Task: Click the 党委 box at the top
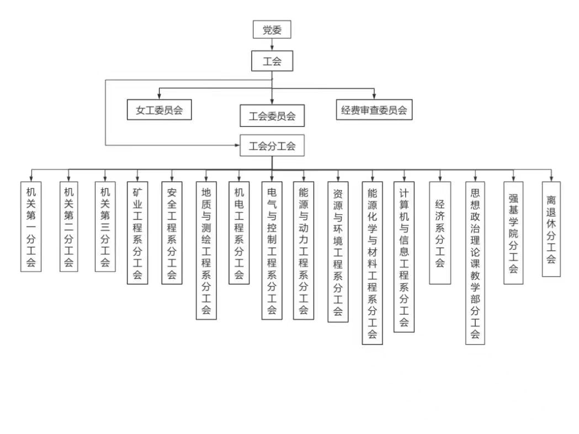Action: (272, 30)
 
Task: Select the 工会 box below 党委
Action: (272, 61)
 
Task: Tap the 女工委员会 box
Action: (159, 110)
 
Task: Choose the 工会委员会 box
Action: (272, 116)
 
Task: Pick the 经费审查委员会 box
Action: (374, 110)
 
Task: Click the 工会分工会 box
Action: (272, 146)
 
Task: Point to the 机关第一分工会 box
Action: (31, 226)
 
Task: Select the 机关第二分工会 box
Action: (68, 226)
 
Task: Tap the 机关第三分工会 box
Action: (105, 226)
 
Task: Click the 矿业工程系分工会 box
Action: (137, 232)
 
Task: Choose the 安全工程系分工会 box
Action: (172, 232)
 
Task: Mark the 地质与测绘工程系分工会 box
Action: (206, 250)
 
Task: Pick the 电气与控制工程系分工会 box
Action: (272, 250)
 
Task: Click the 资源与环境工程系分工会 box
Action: (338, 252)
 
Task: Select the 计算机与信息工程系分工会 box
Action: (403, 257)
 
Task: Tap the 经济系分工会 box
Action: (440, 232)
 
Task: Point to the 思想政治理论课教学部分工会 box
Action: (475, 263)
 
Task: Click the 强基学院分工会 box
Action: (513, 232)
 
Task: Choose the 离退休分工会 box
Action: (551, 229)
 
